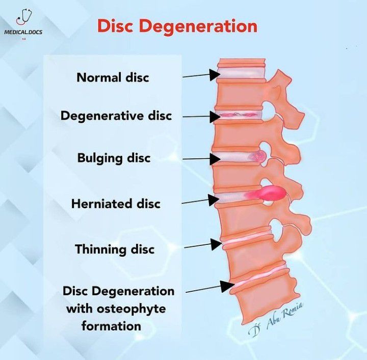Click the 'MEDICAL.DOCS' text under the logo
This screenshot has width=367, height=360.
(23, 32)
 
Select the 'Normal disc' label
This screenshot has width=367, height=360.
(113, 78)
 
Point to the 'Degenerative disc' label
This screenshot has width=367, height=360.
(116, 116)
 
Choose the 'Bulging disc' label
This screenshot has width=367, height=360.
(114, 157)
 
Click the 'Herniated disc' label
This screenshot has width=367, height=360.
(116, 204)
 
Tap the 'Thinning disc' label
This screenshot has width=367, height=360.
(115, 250)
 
